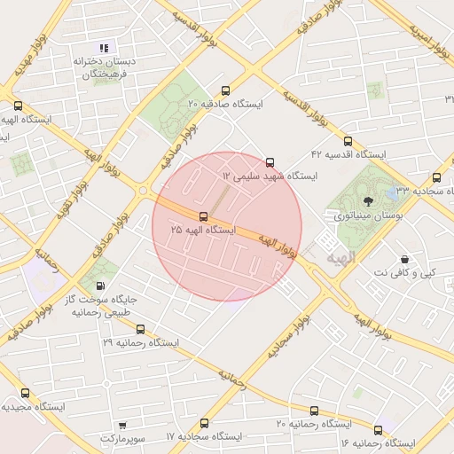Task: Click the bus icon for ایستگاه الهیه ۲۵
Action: click(204, 216)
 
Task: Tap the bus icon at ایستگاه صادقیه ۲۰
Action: click(225, 90)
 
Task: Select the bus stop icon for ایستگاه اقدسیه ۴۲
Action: click(347, 140)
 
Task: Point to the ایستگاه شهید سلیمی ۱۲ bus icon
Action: click(270, 162)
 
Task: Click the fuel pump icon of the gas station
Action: click(98, 286)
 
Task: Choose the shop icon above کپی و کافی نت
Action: click(405, 259)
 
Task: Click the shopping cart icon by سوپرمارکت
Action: click(121, 425)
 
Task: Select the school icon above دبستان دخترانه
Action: click(104, 48)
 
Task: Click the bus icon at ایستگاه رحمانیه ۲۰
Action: click(314, 411)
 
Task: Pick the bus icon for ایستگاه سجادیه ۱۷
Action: click(205, 423)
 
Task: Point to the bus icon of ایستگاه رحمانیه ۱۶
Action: click(378, 428)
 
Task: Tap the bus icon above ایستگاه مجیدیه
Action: click(24, 393)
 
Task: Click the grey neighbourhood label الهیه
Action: click(340, 257)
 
